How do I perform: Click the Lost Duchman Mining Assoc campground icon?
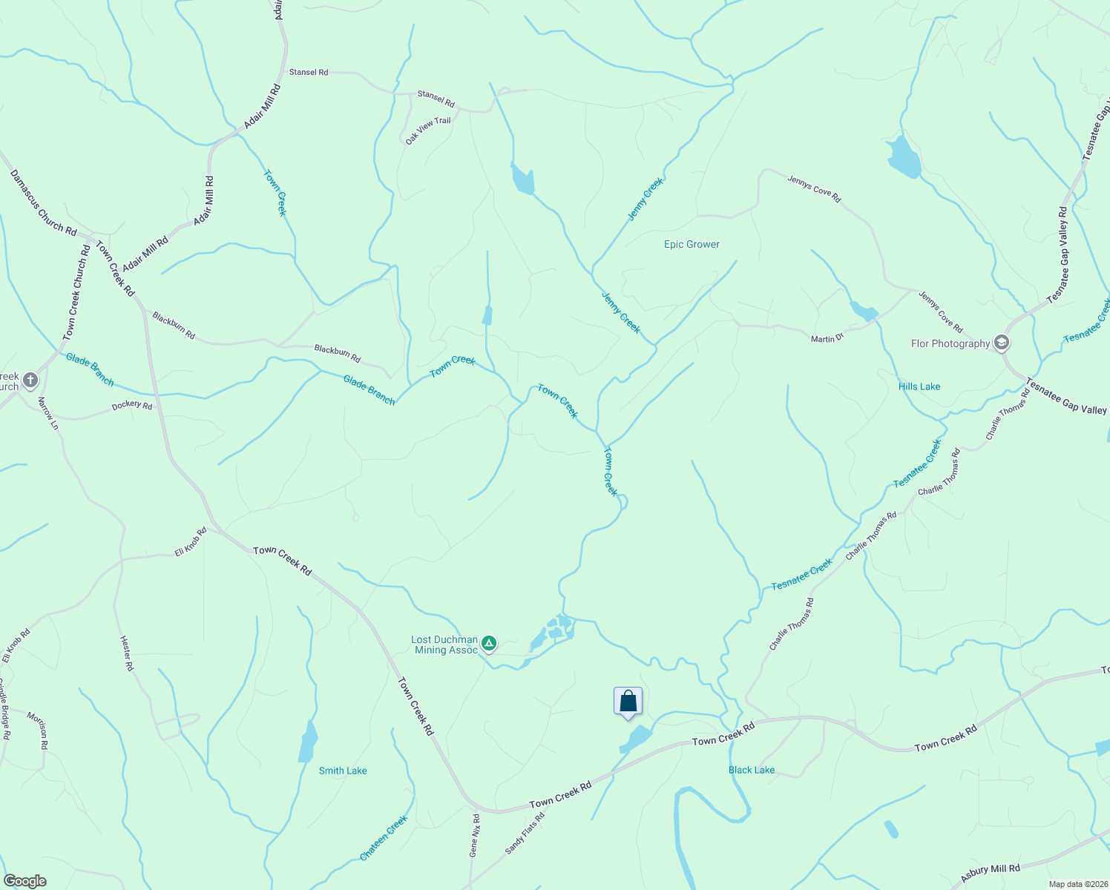[x=488, y=642]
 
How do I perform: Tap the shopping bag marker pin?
[x=628, y=702]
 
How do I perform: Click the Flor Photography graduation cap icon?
[x=1002, y=343]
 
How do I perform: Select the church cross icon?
[x=30, y=380]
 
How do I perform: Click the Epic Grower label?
[x=692, y=244]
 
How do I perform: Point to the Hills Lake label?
[x=919, y=386]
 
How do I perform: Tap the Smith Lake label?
[x=343, y=771]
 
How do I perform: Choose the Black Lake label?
[x=751, y=770]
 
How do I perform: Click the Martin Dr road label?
[x=827, y=338]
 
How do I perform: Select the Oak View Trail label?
[x=428, y=131]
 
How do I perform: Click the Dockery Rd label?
[x=132, y=406]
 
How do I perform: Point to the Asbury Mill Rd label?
[x=990, y=872]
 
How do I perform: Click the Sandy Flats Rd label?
[x=525, y=833]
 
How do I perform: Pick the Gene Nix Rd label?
[x=475, y=836]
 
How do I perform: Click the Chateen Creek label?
[x=384, y=838]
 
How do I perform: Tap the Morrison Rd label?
[x=37, y=730]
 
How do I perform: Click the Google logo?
[x=24, y=880]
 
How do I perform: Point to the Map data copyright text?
[x=1077, y=884]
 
